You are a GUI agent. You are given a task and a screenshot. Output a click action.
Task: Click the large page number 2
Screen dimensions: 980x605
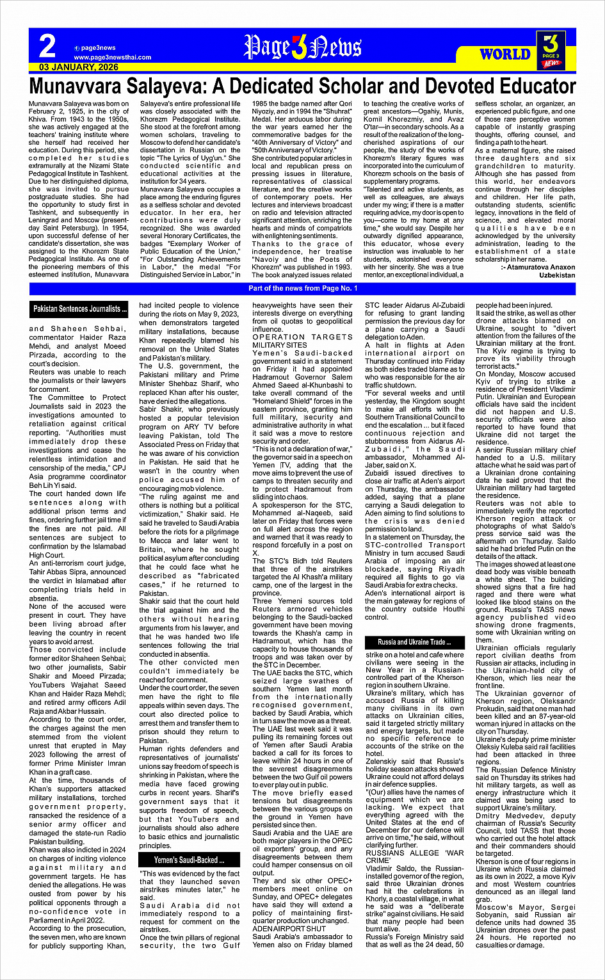tap(47, 46)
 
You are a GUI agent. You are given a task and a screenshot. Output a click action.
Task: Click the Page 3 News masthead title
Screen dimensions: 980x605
tap(302, 47)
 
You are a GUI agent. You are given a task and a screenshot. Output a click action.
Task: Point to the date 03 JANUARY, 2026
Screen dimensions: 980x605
tap(79, 67)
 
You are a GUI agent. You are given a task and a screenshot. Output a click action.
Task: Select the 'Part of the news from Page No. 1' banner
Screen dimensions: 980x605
tap(303, 289)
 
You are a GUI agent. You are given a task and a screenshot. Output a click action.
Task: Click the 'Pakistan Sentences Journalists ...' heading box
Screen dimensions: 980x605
tap(80, 309)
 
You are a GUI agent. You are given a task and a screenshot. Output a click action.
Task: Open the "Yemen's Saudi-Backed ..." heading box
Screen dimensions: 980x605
tap(189, 860)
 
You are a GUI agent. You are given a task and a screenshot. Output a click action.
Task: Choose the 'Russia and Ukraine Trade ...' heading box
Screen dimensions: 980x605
tap(414, 642)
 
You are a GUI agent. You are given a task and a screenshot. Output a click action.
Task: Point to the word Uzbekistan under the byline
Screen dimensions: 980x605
tap(557, 275)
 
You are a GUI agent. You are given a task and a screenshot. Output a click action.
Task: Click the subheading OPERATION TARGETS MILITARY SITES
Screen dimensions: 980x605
tap(301, 341)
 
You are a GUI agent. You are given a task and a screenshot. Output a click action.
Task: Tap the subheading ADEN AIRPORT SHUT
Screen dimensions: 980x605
tap(289, 928)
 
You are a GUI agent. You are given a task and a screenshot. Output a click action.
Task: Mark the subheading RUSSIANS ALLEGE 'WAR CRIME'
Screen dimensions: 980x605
tap(414, 856)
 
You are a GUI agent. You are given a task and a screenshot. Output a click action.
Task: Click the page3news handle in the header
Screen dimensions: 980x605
tap(98, 48)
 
